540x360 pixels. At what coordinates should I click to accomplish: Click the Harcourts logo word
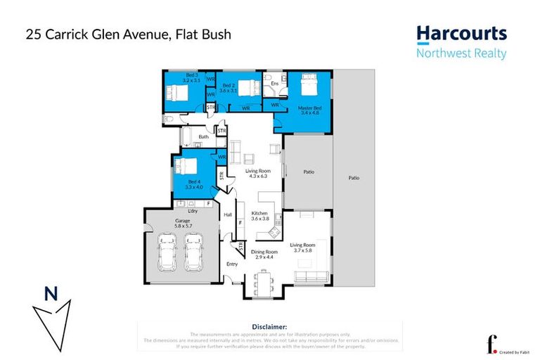point(461,33)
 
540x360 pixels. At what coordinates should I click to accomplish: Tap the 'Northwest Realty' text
point(461,53)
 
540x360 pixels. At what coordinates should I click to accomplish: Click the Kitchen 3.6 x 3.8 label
point(261,216)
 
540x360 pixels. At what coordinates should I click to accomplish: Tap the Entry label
point(231,264)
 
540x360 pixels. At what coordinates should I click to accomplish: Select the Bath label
point(203,137)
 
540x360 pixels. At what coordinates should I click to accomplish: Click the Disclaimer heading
point(269,327)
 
